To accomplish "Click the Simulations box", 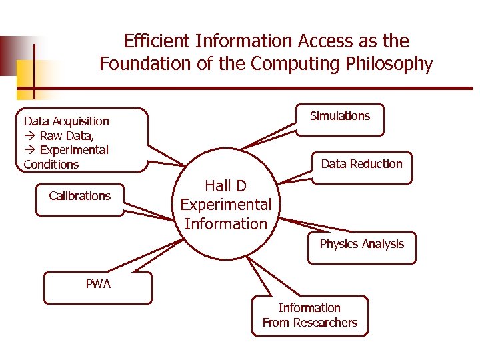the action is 340,119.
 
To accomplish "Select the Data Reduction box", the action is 361,166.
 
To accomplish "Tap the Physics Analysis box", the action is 361,247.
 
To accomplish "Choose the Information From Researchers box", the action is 310,315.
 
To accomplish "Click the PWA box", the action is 98,287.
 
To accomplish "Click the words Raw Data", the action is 66,135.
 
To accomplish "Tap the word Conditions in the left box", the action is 51,165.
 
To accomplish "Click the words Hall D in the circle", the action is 226,185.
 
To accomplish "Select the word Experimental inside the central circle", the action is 226,205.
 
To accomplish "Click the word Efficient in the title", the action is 157,41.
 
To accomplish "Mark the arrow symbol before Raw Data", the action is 29,135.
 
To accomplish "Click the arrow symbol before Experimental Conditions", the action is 29,150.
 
